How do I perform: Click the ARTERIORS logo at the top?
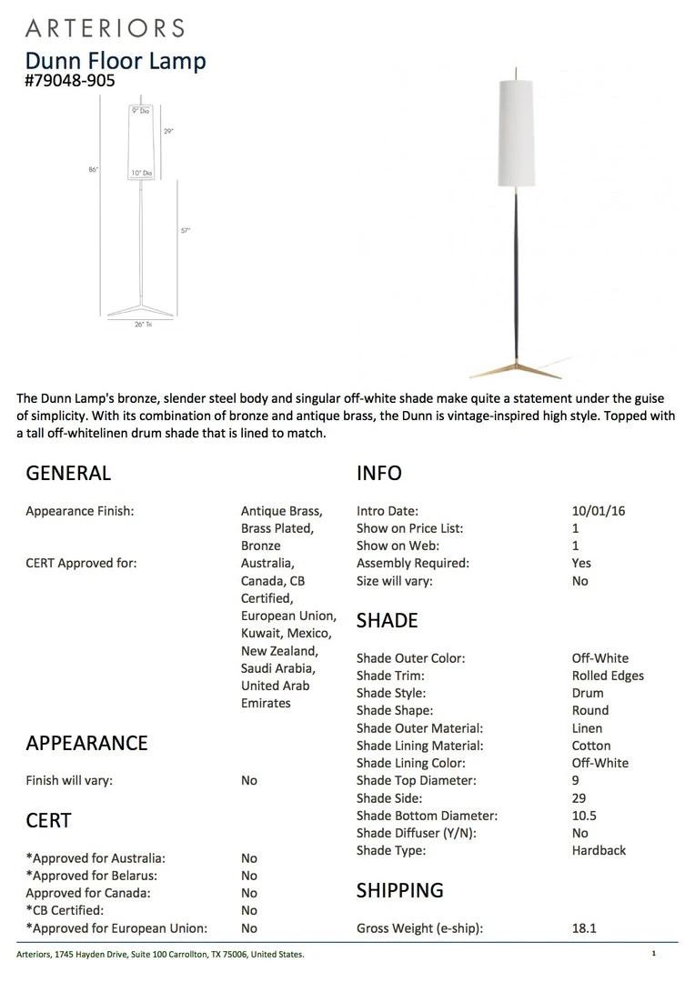click(105, 27)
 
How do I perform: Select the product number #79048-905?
click(70, 80)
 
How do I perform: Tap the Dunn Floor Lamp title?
click(116, 60)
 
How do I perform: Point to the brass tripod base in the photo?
click(515, 367)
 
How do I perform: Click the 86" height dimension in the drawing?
click(94, 170)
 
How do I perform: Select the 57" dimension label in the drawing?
click(185, 231)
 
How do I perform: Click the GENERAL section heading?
click(68, 473)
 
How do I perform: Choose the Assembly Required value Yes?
click(581, 563)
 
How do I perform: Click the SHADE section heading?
click(388, 620)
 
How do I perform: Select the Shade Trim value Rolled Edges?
click(608, 676)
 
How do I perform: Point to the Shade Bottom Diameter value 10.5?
click(584, 816)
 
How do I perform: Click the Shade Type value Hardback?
click(599, 850)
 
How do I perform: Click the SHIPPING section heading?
click(400, 889)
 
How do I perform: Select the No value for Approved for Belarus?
click(249, 876)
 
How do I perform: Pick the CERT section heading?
click(48, 820)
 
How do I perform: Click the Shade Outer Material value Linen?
click(587, 728)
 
